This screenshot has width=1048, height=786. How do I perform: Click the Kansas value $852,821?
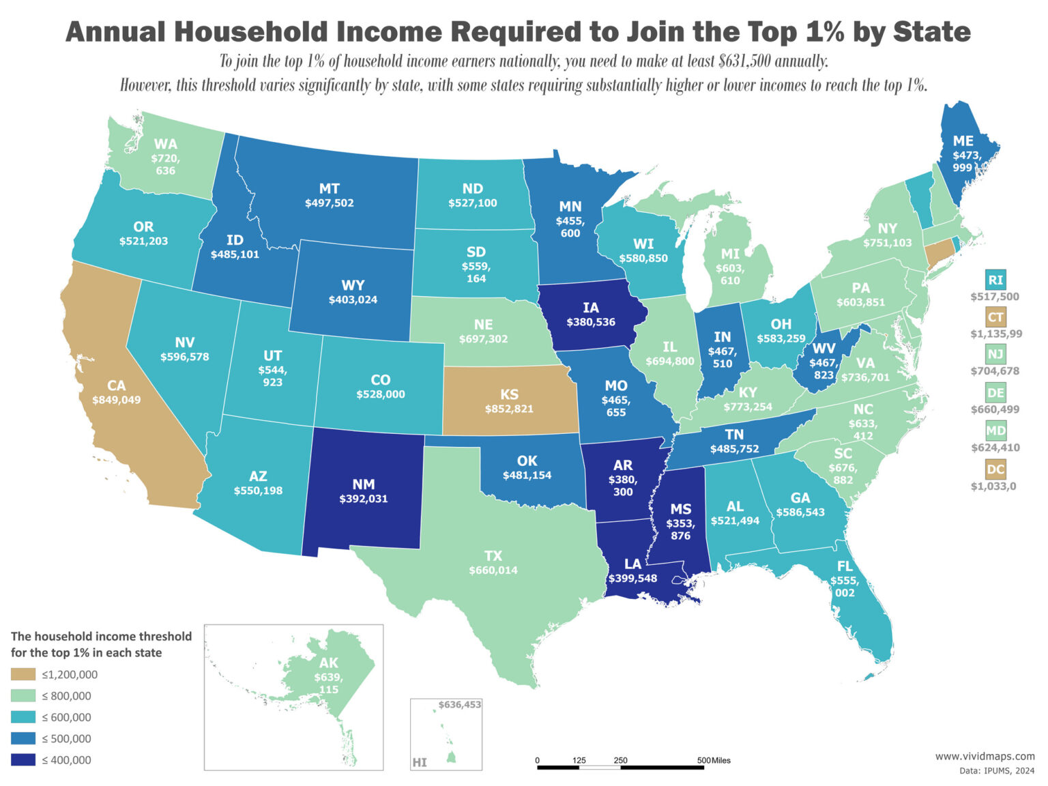click(x=509, y=409)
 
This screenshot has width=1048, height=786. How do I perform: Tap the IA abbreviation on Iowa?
click(x=591, y=308)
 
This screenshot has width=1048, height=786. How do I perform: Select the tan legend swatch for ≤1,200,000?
click(x=23, y=675)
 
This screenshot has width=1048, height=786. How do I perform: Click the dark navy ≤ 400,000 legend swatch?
click(x=23, y=760)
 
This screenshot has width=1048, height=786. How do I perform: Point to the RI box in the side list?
click(x=995, y=280)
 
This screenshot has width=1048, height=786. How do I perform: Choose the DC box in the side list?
click(x=995, y=469)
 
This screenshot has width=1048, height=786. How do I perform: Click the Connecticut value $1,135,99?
click(x=996, y=334)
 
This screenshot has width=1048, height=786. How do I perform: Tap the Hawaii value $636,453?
click(x=460, y=705)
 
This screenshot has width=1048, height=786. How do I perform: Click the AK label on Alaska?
click(x=329, y=663)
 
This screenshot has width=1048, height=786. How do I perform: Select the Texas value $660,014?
click(x=493, y=570)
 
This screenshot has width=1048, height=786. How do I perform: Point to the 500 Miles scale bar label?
click(x=714, y=760)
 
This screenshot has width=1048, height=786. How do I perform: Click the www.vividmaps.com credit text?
click(x=985, y=756)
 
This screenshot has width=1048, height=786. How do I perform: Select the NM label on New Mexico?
click(x=364, y=484)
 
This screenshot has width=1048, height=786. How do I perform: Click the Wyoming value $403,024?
click(x=353, y=300)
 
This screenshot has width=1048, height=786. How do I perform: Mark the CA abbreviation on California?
click(x=117, y=386)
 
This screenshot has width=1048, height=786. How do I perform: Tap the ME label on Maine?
click(x=963, y=141)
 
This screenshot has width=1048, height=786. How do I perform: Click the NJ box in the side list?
click(x=995, y=354)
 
